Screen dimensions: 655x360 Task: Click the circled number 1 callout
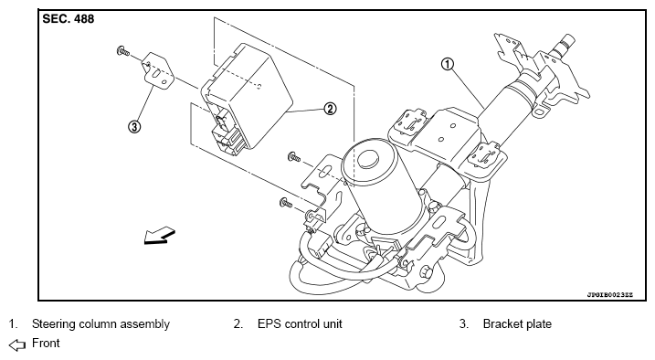click(448, 64)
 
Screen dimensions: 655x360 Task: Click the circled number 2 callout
click(330, 109)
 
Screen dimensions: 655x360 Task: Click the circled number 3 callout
click(134, 126)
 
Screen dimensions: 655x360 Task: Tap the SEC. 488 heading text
click(69, 19)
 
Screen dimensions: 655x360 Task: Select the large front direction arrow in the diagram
click(159, 237)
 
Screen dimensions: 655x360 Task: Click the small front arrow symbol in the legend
click(17, 344)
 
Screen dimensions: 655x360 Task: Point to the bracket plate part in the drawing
click(158, 70)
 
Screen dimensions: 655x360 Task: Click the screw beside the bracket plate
click(122, 51)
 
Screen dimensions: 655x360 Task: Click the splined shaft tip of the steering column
click(564, 44)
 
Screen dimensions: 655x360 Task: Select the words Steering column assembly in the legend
click(100, 324)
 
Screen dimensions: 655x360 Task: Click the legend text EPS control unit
click(300, 324)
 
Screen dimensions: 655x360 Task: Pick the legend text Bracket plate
click(517, 324)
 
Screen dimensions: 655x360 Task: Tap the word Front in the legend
click(46, 344)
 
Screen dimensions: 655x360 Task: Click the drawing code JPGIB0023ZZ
click(610, 295)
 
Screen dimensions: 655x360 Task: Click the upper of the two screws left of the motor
click(294, 157)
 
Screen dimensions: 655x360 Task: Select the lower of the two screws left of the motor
click(286, 203)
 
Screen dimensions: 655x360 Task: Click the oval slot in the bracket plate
click(154, 74)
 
